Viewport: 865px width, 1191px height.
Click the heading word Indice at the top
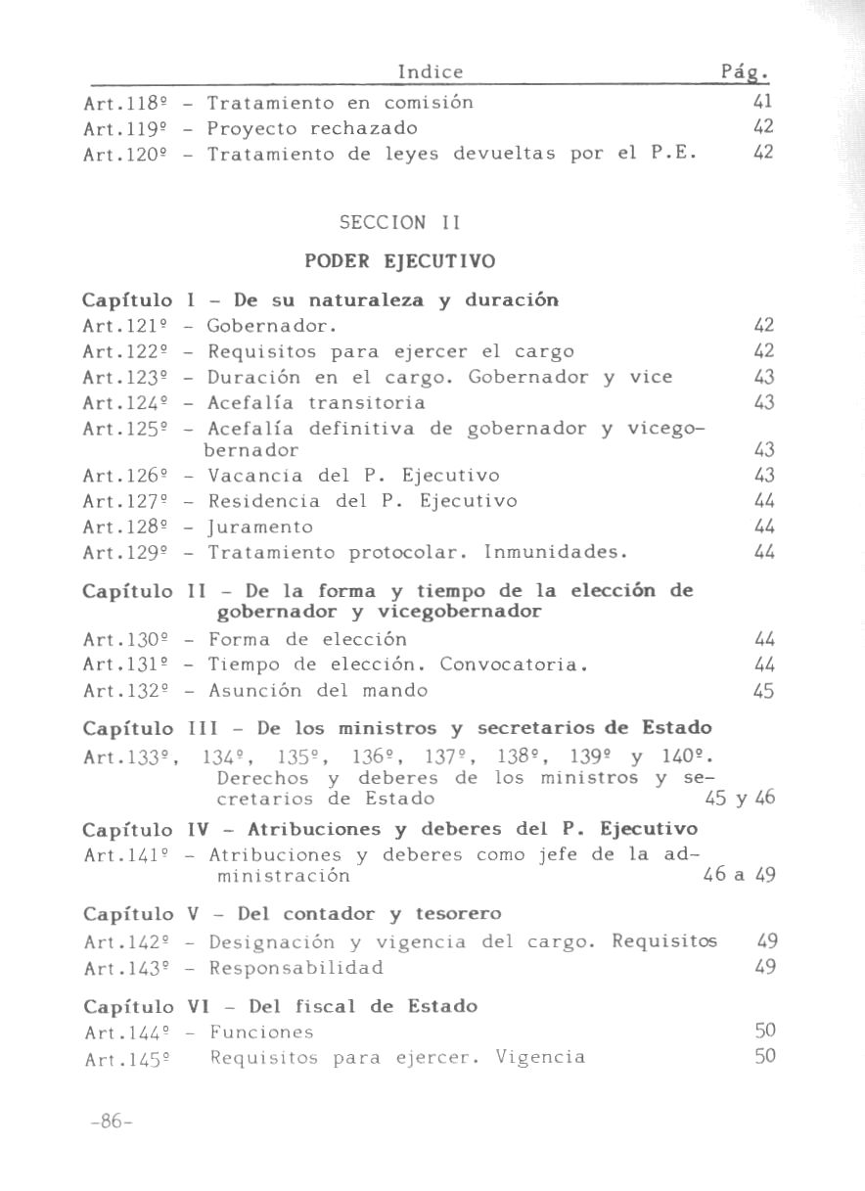point(431,71)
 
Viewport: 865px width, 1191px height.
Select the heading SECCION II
point(398,223)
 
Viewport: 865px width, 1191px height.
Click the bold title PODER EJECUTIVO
point(400,261)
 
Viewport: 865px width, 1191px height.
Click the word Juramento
point(260,527)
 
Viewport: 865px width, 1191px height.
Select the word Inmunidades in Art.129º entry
point(555,552)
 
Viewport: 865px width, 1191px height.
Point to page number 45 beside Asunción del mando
point(764,691)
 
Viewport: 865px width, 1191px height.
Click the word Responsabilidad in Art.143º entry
point(296,968)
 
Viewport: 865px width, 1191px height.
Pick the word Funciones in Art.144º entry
point(261,1031)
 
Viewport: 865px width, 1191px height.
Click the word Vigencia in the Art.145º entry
point(540,1057)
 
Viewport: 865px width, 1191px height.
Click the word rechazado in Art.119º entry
point(363,128)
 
